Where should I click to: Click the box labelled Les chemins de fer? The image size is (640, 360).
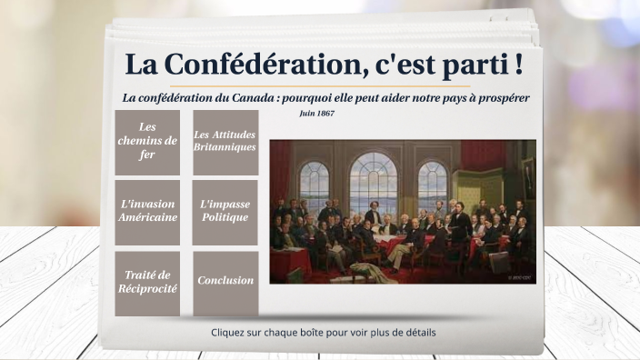tap(147, 142)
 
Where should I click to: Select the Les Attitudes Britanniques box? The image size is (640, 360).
tap(225, 142)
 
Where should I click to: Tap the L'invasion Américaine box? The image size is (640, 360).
tap(147, 211)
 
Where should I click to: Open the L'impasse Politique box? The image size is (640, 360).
tap(225, 211)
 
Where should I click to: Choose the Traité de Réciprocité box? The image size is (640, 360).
tap(147, 282)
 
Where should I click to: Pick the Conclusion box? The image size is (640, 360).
tap(225, 281)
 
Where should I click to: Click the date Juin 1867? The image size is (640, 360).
tap(316, 114)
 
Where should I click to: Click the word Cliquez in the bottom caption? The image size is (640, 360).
tap(229, 333)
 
